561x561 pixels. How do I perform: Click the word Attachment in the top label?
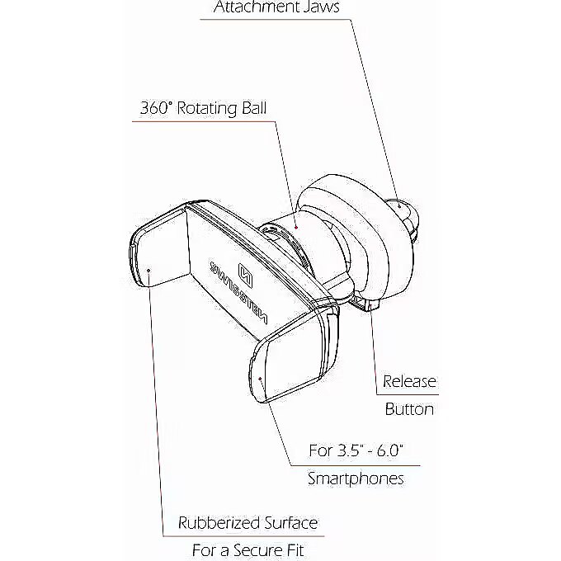pos(256,7)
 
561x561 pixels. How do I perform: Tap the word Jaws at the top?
pos(320,7)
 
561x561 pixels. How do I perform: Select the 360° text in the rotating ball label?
pos(156,108)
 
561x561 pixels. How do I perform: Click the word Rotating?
pos(207,108)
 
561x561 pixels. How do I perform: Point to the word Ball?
pos(254,108)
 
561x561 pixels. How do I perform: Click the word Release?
pos(409,381)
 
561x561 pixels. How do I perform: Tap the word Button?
pos(409,409)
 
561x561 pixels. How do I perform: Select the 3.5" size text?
pos(349,450)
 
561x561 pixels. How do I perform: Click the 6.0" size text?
pos(390,450)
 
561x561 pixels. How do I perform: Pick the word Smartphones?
pos(356,478)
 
